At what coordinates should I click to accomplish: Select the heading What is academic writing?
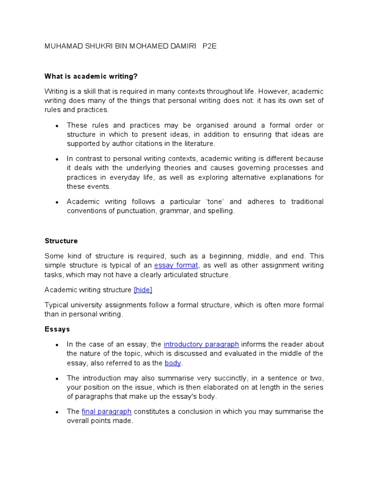(x=91, y=76)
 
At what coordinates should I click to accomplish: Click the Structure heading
(x=61, y=241)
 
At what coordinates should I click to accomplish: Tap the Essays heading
(x=57, y=329)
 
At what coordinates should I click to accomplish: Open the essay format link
(x=176, y=265)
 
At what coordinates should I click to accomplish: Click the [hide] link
(x=143, y=290)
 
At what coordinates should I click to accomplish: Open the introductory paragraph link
(x=201, y=344)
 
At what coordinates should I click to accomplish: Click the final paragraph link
(x=107, y=411)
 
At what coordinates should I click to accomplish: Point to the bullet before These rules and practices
(x=57, y=126)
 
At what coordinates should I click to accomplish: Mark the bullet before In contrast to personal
(x=57, y=159)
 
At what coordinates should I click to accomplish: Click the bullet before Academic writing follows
(x=57, y=202)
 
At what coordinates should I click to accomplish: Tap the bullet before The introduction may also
(x=57, y=378)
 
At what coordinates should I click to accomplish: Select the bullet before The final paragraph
(x=57, y=412)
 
